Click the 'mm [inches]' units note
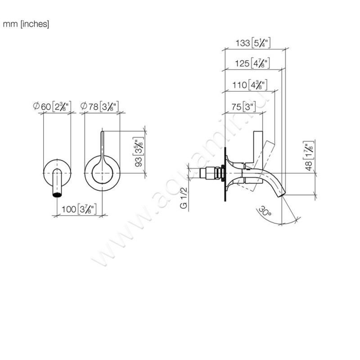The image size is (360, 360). [26, 24]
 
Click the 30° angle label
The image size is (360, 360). [265, 212]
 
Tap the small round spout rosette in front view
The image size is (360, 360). [57, 171]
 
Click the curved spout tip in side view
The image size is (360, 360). [281, 193]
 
